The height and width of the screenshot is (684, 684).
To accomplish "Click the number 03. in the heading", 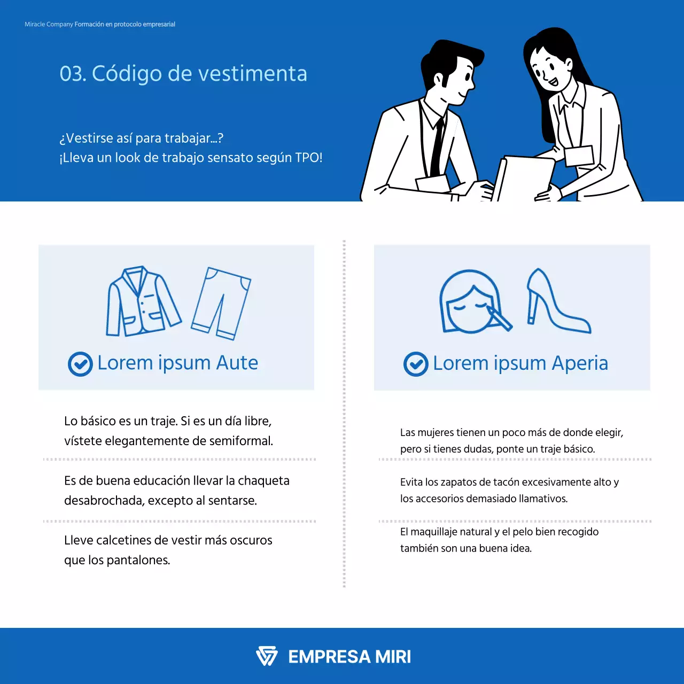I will pos(73,74).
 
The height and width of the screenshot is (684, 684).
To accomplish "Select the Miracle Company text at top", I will pos(49,25).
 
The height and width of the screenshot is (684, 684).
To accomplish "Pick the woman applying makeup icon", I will pos(473,302).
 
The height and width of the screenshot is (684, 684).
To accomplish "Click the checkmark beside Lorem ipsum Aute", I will pos(80,364).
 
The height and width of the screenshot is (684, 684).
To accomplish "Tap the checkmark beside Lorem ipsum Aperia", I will pos(416,364).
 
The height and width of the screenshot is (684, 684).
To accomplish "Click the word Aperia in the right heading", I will pos(580,363).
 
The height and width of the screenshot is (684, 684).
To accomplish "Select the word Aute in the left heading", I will pos(237,363).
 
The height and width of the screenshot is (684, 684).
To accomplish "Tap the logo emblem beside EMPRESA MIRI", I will pos(267,656).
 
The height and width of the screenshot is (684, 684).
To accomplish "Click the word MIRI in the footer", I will pos(393,657).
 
